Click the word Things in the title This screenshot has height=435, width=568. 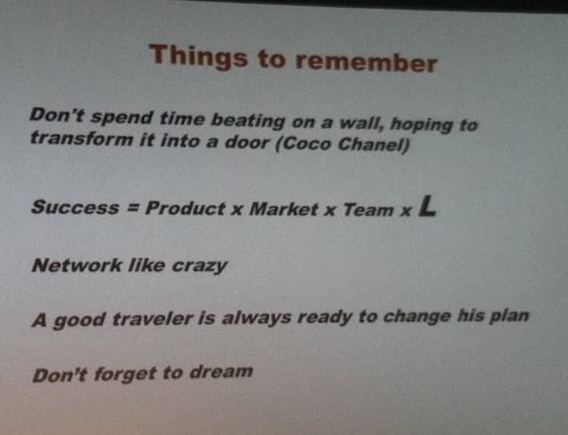(198, 56)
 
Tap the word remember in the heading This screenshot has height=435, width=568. (366, 62)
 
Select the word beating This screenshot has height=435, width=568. (247, 121)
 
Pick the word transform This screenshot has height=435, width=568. (82, 138)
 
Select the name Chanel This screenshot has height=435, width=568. (373, 145)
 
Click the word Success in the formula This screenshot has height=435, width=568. (75, 207)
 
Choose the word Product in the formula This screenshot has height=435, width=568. (184, 208)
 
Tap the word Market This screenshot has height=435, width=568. (284, 209)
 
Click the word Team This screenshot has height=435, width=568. (368, 210)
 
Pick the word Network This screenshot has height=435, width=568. (77, 265)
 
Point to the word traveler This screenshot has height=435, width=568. (151, 318)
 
